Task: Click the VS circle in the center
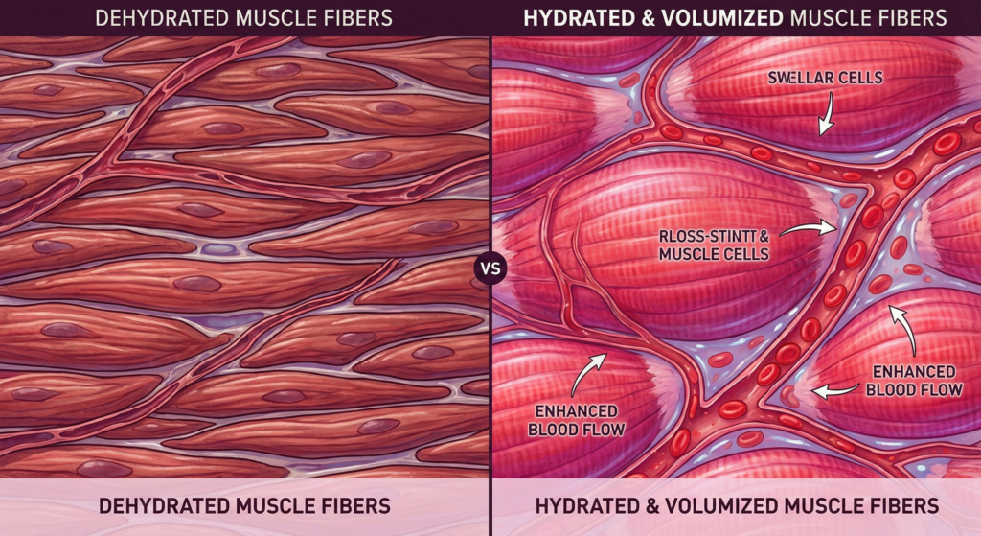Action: (x=490, y=268)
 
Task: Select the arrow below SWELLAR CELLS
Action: (x=822, y=118)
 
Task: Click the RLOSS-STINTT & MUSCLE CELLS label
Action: (x=714, y=245)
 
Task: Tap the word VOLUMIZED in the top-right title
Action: (x=696, y=16)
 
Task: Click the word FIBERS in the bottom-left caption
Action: (x=356, y=504)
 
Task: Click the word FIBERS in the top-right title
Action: (x=910, y=16)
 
